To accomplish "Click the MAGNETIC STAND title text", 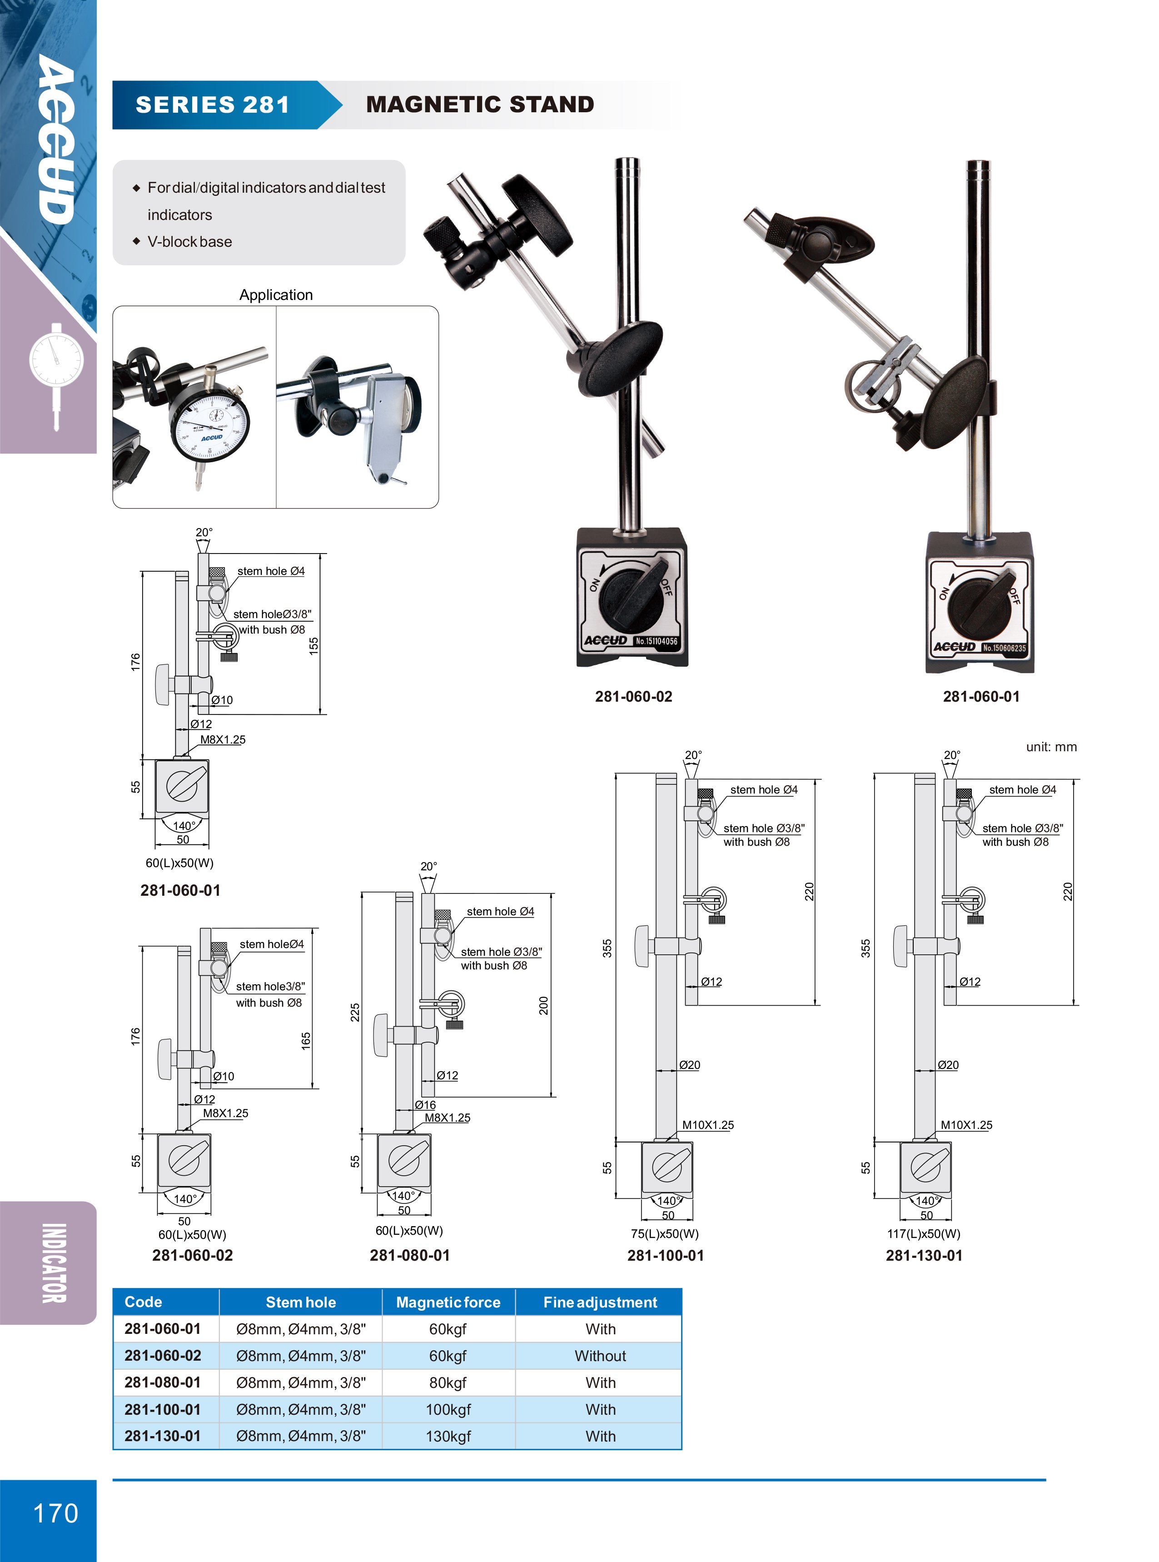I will tap(480, 105).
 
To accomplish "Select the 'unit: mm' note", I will tap(1050, 747).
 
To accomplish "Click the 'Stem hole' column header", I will tap(300, 1302).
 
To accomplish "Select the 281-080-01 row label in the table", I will tap(163, 1382).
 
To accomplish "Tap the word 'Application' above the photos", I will tap(276, 294).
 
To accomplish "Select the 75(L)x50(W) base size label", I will tap(664, 1233).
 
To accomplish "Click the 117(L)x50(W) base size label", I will tap(923, 1233).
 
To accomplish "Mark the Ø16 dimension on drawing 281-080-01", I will tap(425, 1104).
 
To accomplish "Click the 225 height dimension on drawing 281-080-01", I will tap(355, 1012).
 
